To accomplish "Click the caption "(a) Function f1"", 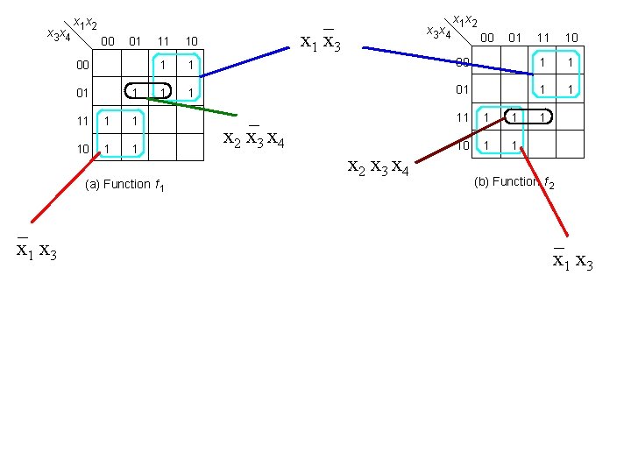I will (125, 185).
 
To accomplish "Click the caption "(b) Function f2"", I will (514, 182).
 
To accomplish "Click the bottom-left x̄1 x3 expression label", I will (37, 251).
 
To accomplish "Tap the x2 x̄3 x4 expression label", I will (253, 138).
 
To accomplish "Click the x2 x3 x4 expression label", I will (379, 166).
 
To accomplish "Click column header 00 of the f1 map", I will (107, 40).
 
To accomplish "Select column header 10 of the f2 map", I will (571, 37).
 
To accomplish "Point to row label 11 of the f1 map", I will (82, 121).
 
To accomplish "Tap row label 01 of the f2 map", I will (463, 89).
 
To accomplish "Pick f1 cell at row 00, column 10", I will (190, 65).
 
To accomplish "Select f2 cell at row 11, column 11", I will (542, 117).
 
